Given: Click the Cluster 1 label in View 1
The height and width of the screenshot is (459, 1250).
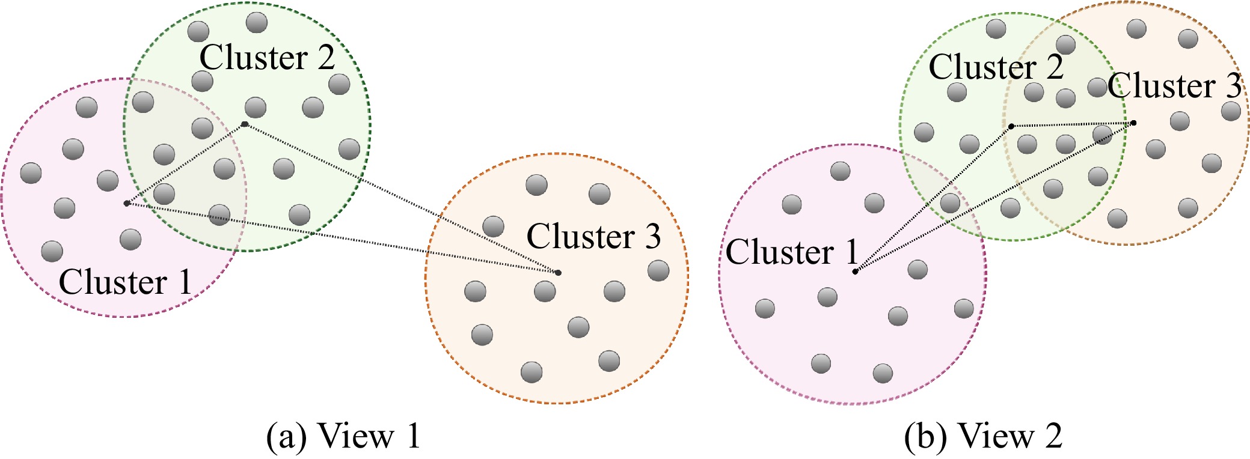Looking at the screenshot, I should [x=125, y=281].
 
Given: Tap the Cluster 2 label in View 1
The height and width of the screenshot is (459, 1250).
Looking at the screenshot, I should [x=267, y=58].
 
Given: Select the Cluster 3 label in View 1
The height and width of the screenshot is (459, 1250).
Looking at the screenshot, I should [x=593, y=236].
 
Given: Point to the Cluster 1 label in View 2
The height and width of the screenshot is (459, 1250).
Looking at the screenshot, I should [x=792, y=251].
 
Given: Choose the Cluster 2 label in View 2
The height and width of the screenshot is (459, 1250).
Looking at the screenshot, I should [x=996, y=66].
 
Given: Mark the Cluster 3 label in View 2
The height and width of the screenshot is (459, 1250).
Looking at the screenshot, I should [x=1174, y=85].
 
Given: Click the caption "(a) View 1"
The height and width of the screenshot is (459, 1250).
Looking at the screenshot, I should [x=343, y=436].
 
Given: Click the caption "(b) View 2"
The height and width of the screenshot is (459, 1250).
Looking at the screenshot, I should [x=983, y=436].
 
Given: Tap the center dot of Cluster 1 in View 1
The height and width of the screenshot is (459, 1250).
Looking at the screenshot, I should [x=126, y=203].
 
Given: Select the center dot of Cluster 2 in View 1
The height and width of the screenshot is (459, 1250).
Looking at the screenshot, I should [x=245, y=124].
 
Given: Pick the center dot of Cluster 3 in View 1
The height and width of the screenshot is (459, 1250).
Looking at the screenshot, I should [x=558, y=273].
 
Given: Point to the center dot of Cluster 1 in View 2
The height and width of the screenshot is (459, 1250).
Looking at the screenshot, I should [x=855, y=272].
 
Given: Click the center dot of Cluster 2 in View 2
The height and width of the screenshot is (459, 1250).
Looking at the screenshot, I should [x=1011, y=126].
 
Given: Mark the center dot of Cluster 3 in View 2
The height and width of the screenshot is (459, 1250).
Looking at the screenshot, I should [x=1133, y=123].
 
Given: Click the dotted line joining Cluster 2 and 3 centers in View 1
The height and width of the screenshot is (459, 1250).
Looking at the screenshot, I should [x=401, y=198].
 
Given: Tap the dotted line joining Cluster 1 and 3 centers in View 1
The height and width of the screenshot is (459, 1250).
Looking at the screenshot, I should [x=342, y=238].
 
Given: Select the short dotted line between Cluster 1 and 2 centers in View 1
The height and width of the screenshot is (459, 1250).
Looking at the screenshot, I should [x=185, y=164].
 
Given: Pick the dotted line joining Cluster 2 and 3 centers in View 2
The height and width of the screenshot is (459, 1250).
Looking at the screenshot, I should [x=1072, y=125].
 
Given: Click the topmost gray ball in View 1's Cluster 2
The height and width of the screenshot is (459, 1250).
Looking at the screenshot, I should [x=257, y=23].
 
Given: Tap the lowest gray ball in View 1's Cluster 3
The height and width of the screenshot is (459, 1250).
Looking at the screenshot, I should [x=532, y=372].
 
